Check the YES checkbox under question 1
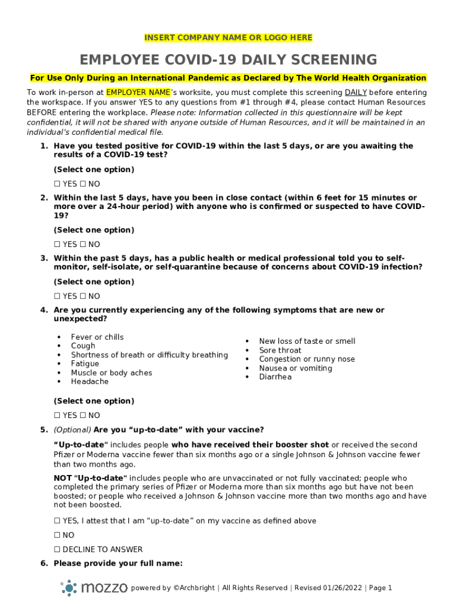coord(57,184)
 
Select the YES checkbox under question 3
coord(57,296)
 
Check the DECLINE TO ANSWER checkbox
coord(57,550)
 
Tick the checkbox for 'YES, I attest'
coord(57,521)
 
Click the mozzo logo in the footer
coord(94,588)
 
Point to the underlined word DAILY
coord(356,93)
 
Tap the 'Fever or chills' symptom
coord(97,337)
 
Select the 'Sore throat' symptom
coord(280,350)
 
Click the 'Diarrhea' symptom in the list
coord(275,377)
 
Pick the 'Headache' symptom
coord(90,382)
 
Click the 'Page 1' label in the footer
coord(380,588)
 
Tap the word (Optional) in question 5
coord(72,430)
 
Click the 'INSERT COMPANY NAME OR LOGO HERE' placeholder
coord(228,38)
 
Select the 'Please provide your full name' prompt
coord(118,563)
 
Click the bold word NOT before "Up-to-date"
coord(62,478)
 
